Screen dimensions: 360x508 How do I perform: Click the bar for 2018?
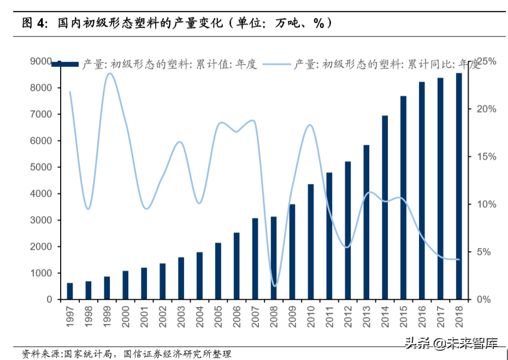pos(459,186)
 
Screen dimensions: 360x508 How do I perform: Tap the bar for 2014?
pos(385,208)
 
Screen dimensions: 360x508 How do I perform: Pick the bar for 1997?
pos(70,291)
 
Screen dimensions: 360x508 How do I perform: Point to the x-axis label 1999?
pos(107,316)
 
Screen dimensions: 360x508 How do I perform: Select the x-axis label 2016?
pos(422,316)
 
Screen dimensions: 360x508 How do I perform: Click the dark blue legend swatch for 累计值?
pos(65,65)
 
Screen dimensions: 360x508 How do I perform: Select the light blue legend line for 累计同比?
pos(276,64)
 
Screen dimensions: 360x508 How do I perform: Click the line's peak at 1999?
pos(108,73)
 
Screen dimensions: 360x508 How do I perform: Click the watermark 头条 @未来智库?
pos(450,344)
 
